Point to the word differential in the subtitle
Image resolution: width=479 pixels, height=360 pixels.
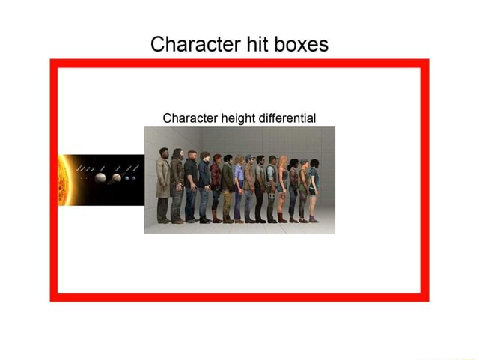tap(287, 118)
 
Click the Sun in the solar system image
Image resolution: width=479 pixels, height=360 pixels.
tap(63, 180)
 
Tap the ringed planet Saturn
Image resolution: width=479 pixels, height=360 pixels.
tap(117, 178)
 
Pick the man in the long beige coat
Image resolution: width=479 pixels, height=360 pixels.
tap(162, 187)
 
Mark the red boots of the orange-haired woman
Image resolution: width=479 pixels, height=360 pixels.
tap(282, 218)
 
